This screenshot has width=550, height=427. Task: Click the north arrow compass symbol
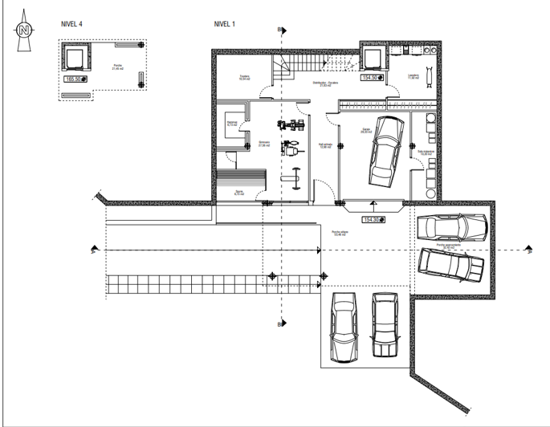pyautogui.click(x=24, y=31)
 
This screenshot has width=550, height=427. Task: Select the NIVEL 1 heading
pyautogui.click(x=225, y=25)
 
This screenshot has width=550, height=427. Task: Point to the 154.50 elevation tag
pyautogui.click(x=371, y=78)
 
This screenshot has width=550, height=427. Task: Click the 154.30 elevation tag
pyautogui.click(x=373, y=219)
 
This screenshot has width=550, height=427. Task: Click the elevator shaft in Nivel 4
pyautogui.click(x=75, y=58)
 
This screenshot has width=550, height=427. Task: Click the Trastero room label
pyautogui.click(x=244, y=78)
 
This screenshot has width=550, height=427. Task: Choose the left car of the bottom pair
pyautogui.click(x=344, y=328)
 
